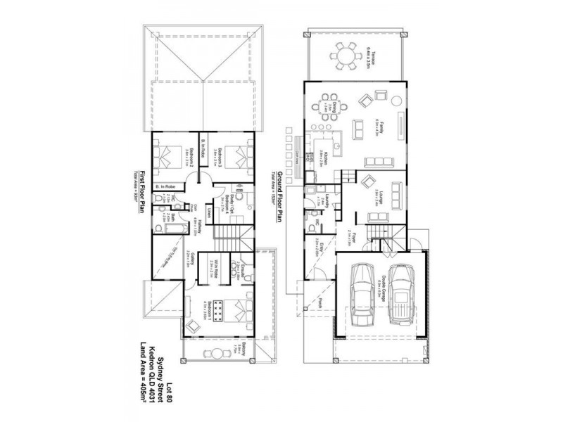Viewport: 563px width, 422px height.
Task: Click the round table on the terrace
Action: pos(346,53)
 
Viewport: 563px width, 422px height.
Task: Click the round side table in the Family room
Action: pos(365,98)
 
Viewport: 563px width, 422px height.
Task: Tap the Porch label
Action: pos(320,301)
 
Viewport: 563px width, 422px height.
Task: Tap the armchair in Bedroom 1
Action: pos(192,324)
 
